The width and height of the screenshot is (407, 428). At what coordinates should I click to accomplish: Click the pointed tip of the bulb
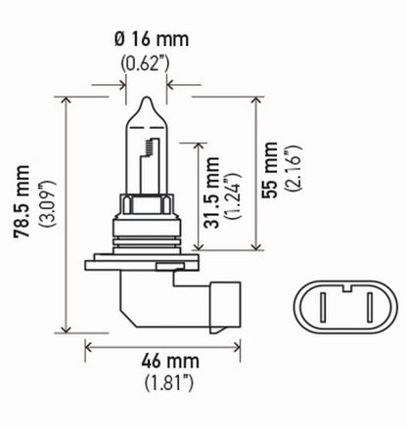click(x=146, y=100)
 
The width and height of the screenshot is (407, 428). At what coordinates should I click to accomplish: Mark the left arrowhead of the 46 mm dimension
click(x=90, y=345)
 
